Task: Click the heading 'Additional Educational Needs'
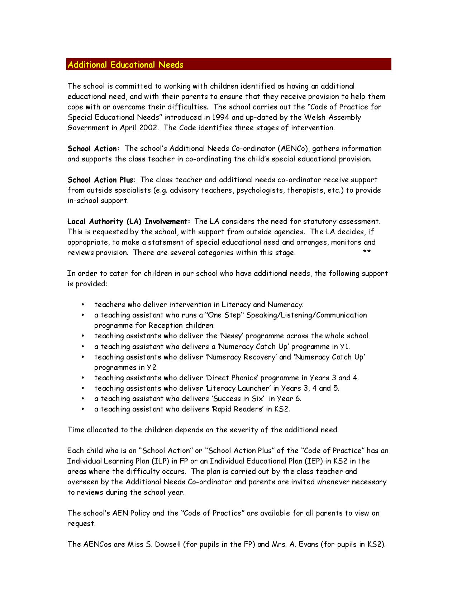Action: coord(125,65)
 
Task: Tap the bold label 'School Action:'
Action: coord(93,149)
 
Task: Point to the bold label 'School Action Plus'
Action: coord(100,180)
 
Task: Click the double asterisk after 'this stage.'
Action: coord(366,253)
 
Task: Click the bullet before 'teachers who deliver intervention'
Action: coord(83,305)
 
